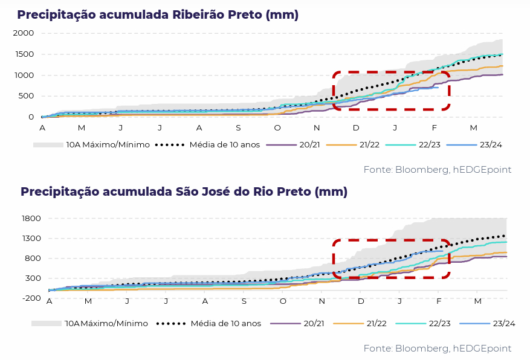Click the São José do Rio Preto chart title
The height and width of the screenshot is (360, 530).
(x=184, y=191)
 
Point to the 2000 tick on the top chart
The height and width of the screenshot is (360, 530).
(x=23, y=33)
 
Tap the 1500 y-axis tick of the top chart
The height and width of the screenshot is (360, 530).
(x=23, y=54)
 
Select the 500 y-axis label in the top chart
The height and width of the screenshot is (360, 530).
(x=25, y=96)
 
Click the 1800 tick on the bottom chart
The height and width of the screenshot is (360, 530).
(x=30, y=219)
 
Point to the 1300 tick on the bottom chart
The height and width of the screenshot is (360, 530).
(x=30, y=239)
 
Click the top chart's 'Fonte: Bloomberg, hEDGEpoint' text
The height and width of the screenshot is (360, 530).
(x=437, y=170)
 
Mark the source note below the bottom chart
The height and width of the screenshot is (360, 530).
(x=437, y=349)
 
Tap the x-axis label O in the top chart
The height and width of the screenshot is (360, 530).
(x=277, y=128)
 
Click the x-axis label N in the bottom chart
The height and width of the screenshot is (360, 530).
(x=322, y=301)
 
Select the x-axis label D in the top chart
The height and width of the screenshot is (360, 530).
(x=356, y=128)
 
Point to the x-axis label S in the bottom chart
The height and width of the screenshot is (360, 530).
(x=244, y=301)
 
